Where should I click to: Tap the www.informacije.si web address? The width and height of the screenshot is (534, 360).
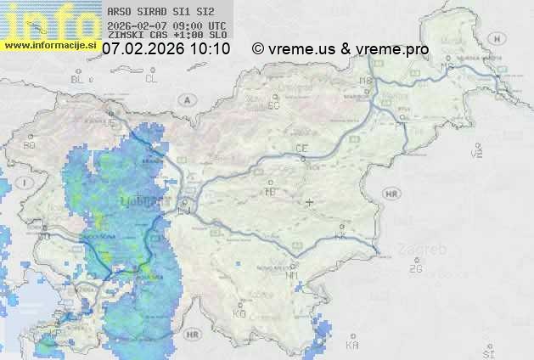pyautogui.click(x=51, y=44)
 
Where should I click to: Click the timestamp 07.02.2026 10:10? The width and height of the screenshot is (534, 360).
pyautogui.click(x=166, y=49)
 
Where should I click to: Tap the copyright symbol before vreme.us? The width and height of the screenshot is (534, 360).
pyautogui.click(x=258, y=49)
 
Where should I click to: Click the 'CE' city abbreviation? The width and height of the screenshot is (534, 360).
pyautogui.click(x=301, y=149)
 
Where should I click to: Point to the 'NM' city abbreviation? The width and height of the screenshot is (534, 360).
pyautogui.click(x=293, y=275)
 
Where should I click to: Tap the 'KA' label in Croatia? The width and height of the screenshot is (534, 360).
pyautogui.click(x=352, y=345)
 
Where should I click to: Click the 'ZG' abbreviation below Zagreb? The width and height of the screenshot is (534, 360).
pyautogui.click(x=416, y=269)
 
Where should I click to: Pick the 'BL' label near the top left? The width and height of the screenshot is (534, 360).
pyautogui.click(x=78, y=79)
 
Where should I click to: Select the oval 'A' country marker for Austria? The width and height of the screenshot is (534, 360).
pyautogui.click(x=185, y=99)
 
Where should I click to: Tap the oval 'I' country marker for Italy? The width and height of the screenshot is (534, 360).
pyautogui.click(x=25, y=183)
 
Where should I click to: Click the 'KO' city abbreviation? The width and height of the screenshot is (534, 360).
pyautogui.click(x=239, y=313)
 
